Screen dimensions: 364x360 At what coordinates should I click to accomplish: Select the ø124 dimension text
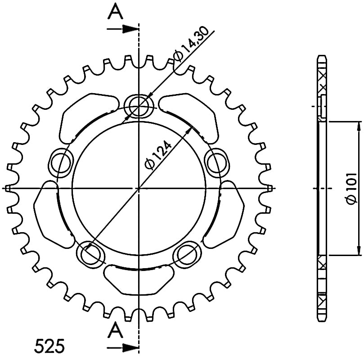[x=158, y=155]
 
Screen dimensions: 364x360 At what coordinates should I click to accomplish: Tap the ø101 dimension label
[x=351, y=189]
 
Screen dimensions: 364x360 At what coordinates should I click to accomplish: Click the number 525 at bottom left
[x=49, y=346]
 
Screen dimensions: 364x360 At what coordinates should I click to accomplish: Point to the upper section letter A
[x=115, y=11]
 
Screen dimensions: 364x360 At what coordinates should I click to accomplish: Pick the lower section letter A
[x=115, y=330]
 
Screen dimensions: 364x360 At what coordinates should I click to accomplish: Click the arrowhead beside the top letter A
[x=130, y=29]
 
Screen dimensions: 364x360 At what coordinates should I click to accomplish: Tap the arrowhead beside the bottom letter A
[x=130, y=348]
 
